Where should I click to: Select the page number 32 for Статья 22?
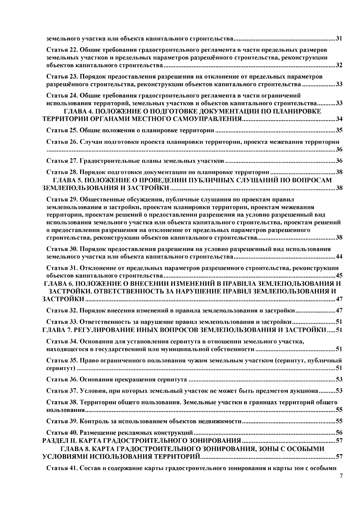pyautogui.click(x=339, y=66)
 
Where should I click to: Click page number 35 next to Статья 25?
pyautogui.click(x=339, y=131)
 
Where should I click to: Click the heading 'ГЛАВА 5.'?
pyautogui.click(x=66, y=180)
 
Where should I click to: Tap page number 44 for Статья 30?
pyautogui.click(x=339, y=257)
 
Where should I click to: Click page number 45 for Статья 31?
pyautogui.click(x=339, y=276)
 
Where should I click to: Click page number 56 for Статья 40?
pyautogui.click(x=339, y=433)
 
